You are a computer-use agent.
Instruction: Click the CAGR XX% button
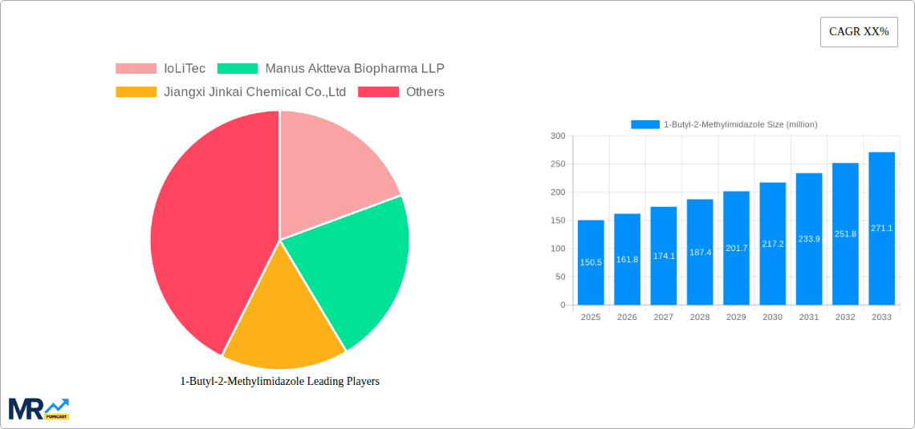click(x=859, y=32)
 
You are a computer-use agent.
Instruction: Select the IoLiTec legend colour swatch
click(x=136, y=69)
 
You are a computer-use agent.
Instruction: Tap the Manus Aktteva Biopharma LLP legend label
click(x=354, y=69)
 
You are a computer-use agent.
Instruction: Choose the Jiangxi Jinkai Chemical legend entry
click(x=254, y=92)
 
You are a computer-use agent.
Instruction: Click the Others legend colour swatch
click(x=378, y=92)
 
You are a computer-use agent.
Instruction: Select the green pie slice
click(x=353, y=265)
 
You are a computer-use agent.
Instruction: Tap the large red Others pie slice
click(x=209, y=233)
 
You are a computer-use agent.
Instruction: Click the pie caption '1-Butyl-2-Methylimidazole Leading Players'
click(x=279, y=382)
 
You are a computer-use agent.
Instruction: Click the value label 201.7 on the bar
click(x=736, y=248)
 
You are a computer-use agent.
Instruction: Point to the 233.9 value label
click(x=808, y=239)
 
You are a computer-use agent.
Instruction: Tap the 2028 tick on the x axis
click(x=699, y=318)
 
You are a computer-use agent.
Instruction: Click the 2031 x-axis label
click(x=808, y=318)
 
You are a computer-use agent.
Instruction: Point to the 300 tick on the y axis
click(x=558, y=136)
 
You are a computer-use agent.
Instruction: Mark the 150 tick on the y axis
click(x=558, y=221)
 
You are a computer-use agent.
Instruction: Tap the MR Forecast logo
click(x=39, y=408)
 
